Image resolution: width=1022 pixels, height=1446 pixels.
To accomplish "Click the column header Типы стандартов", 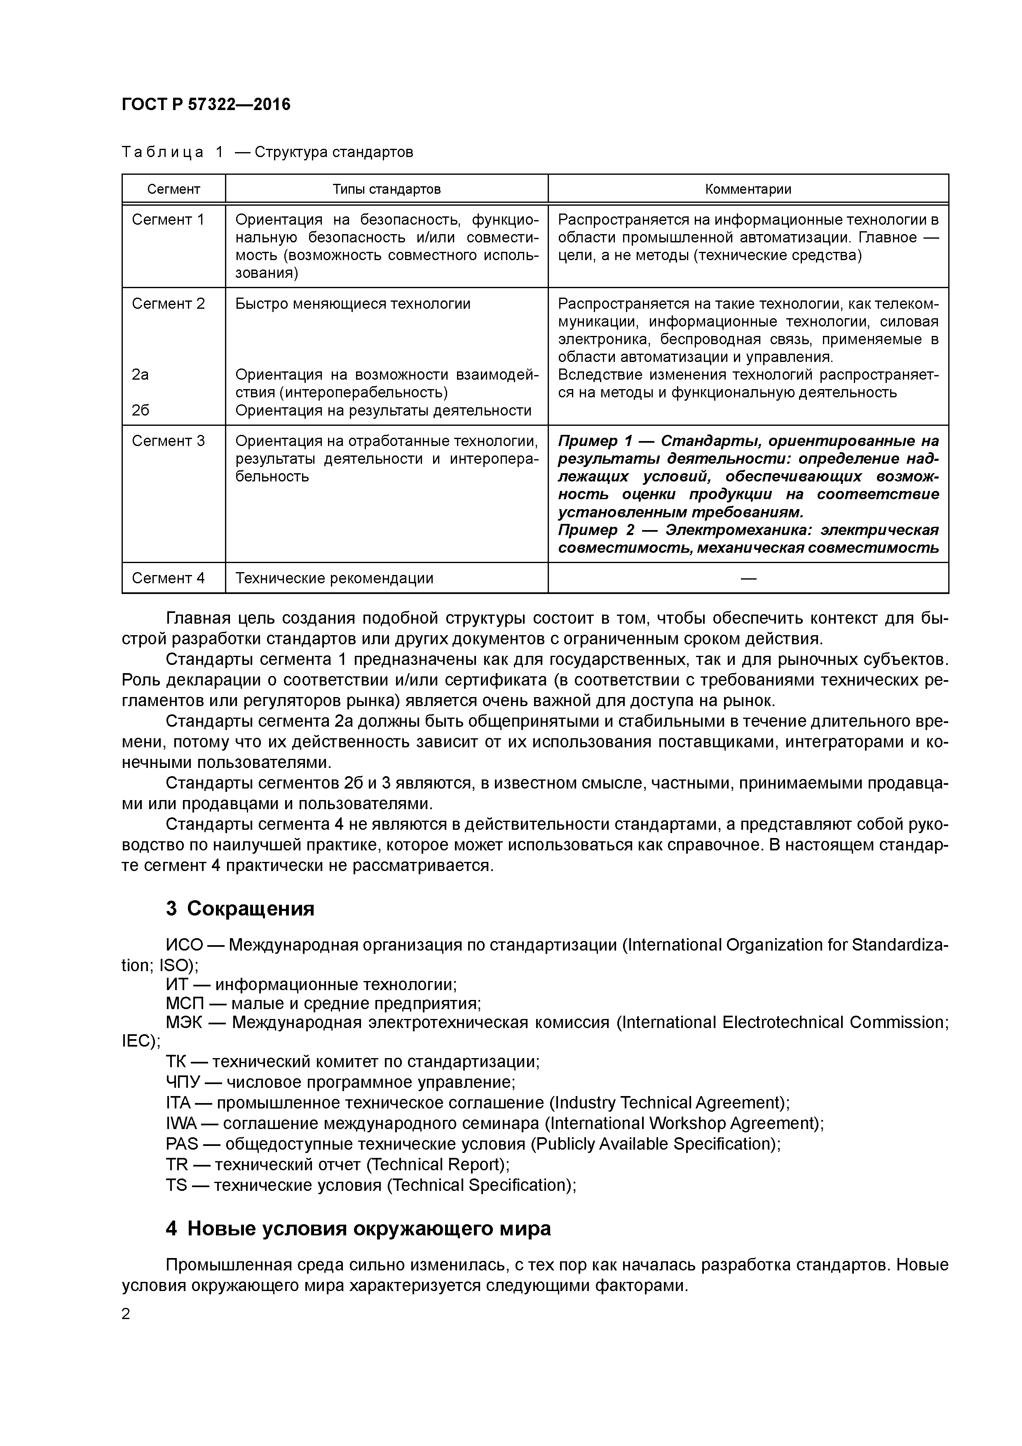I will point(386,189).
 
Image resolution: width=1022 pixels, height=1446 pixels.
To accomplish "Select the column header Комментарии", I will point(748,189).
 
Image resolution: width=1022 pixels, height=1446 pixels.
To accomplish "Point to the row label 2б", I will point(141,411).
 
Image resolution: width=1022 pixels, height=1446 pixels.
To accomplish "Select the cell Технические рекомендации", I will point(334,578).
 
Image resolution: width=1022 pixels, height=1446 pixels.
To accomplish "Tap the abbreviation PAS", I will point(181,1144).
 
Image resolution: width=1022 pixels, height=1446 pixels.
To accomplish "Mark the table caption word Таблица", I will point(162,153).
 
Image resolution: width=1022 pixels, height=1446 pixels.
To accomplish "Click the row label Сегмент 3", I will point(168,441).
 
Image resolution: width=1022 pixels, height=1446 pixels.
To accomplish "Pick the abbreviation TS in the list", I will point(176,1185).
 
